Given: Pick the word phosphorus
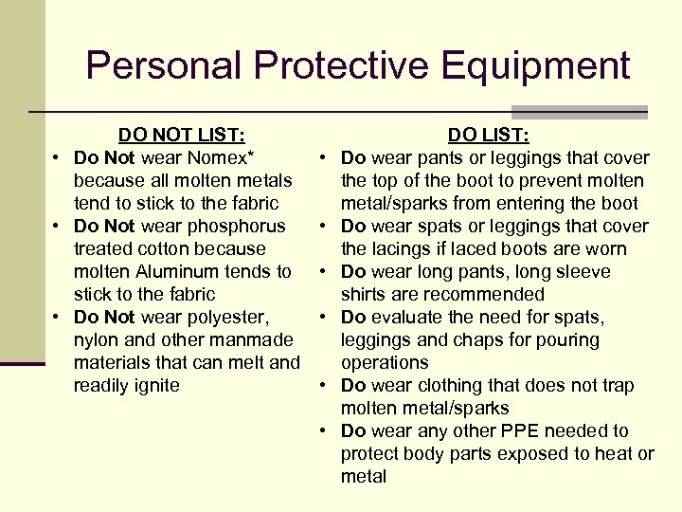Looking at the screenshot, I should click(x=241, y=226).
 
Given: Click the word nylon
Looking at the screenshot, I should click(x=97, y=339).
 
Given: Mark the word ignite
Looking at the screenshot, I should click(x=153, y=385).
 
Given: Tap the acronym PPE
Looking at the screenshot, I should click(x=534, y=430).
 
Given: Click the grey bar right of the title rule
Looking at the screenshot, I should click(x=579, y=111).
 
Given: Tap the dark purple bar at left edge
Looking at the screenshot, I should click(x=23, y=363).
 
